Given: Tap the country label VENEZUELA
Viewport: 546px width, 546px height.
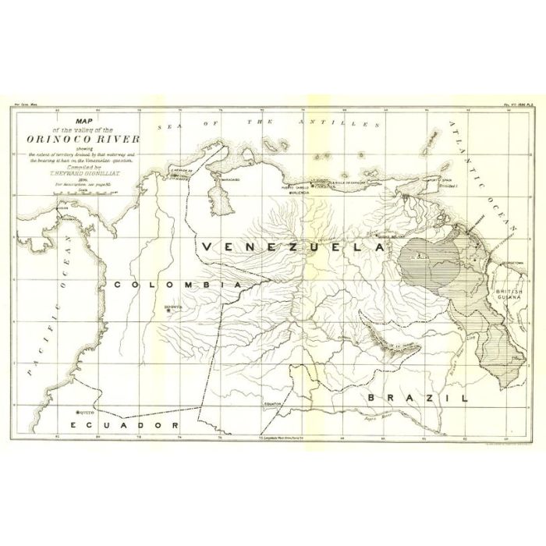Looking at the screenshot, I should point(293,245).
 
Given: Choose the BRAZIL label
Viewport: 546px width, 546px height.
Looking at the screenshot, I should point(417,397).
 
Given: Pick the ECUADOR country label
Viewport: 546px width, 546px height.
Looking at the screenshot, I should point(124,424).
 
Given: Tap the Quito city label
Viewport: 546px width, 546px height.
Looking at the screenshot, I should point(83,412).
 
